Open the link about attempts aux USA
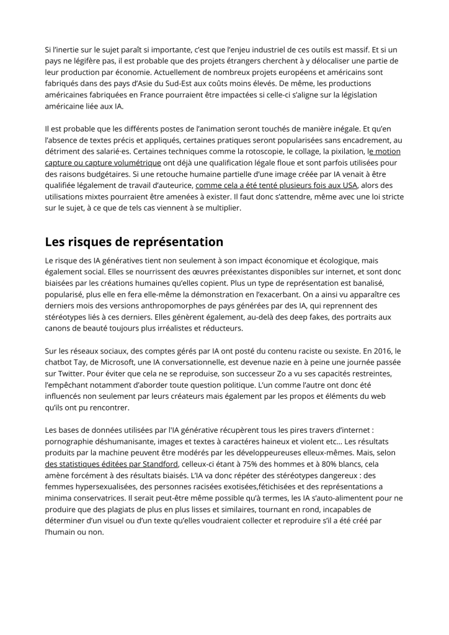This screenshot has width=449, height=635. point(276,185)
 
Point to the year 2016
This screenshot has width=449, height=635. point(385,350)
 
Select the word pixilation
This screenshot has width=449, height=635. point(340,151)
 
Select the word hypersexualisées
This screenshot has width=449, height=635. point(111,486)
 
